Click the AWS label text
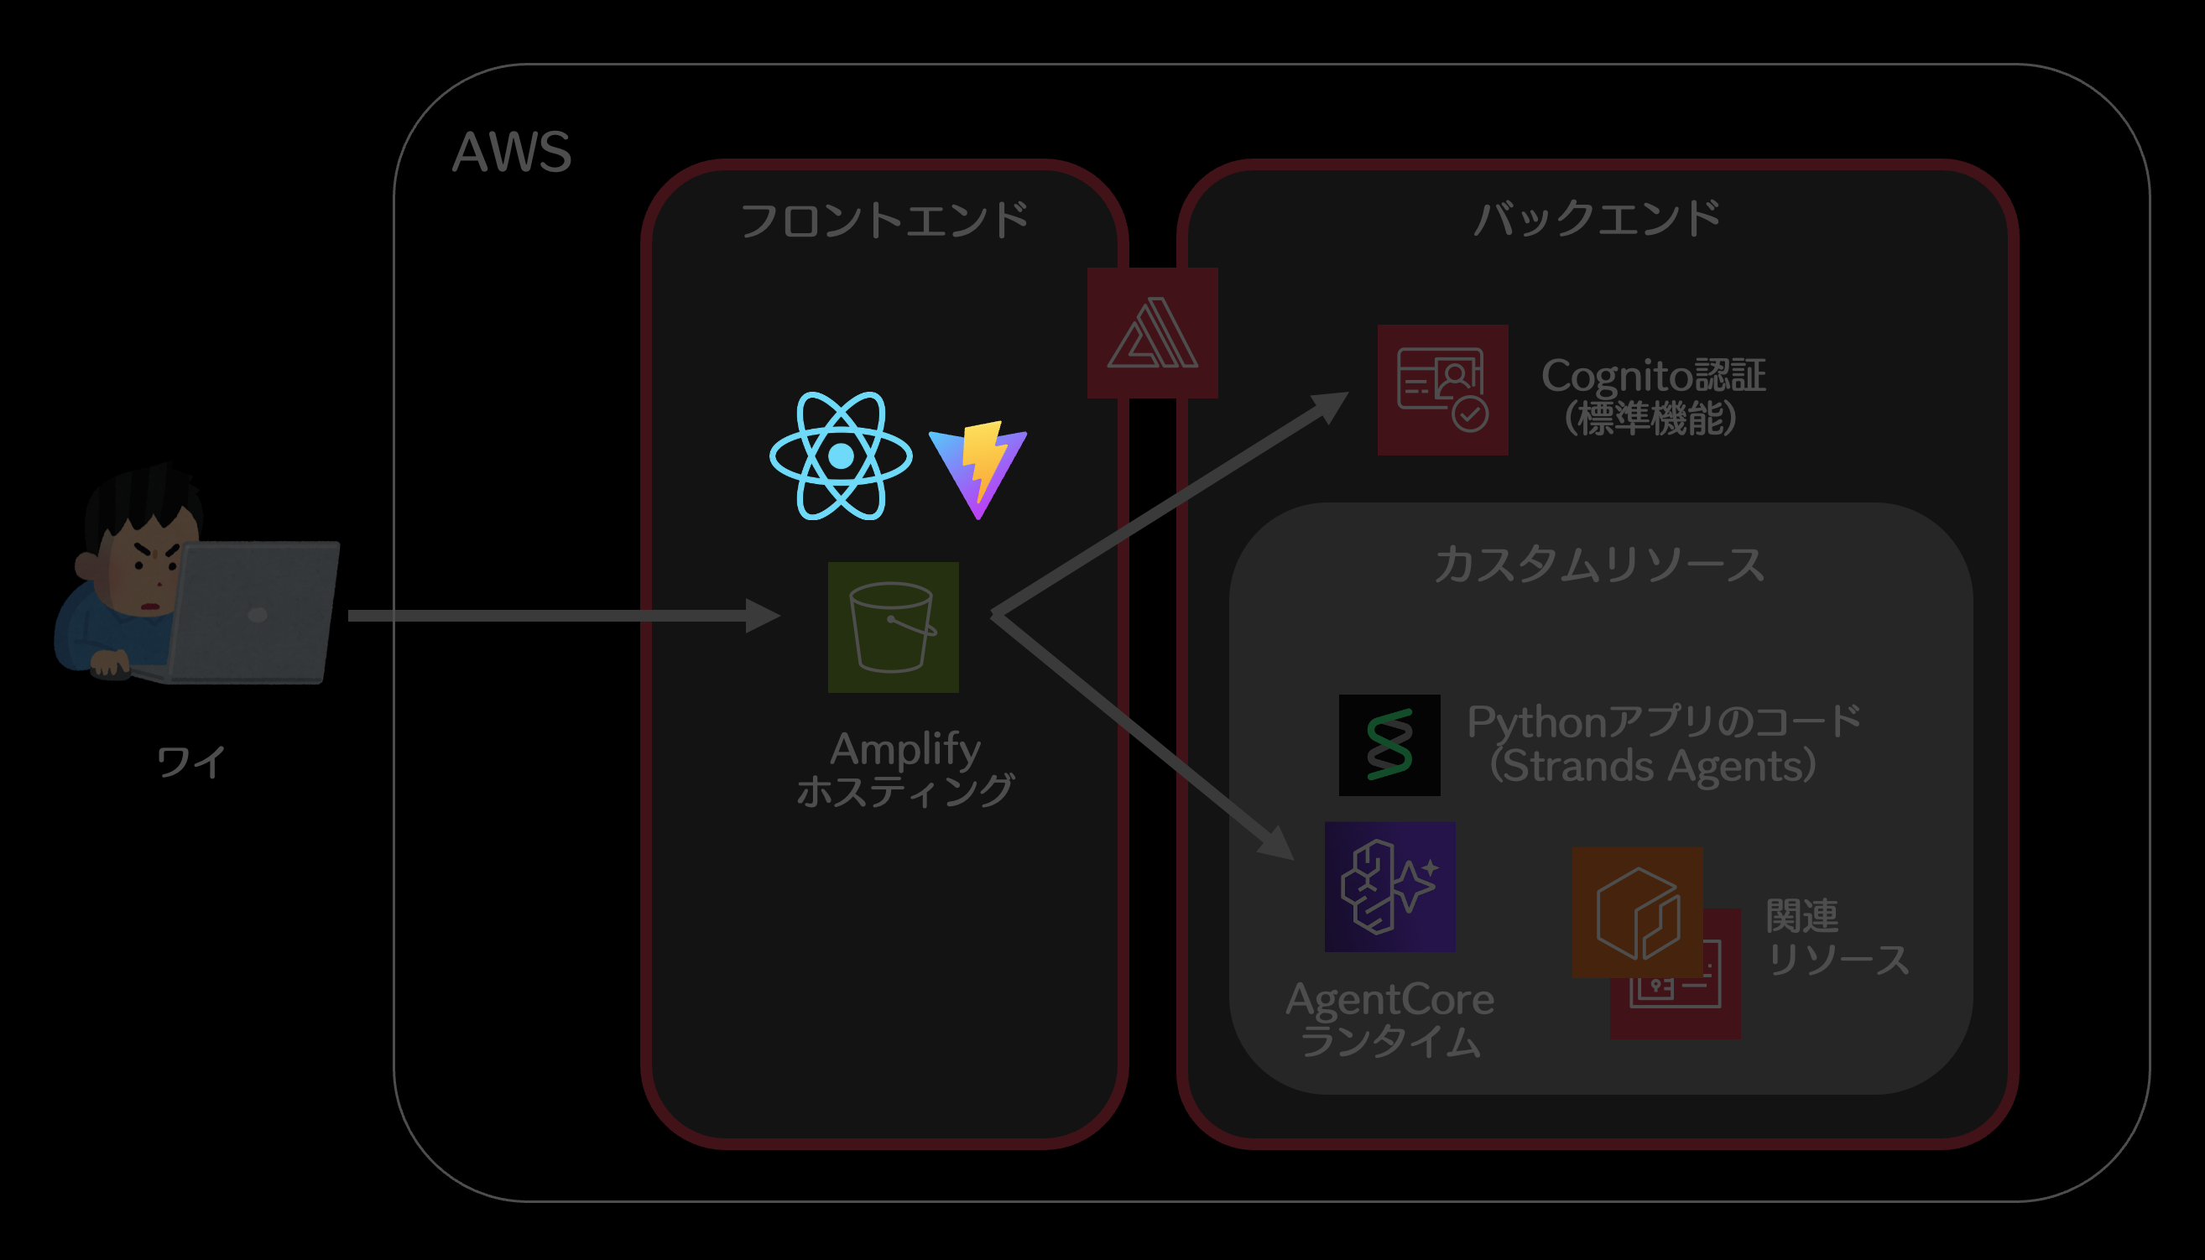coord(512,153)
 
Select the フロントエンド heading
coord(884,220)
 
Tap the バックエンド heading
coord(1597,218)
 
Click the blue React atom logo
coord(840,456)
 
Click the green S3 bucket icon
coord(892,627)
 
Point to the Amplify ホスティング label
coord(904,768)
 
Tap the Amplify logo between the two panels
coord(1152,333)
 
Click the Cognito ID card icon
coord(1441,389)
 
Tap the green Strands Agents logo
coord(1389,745)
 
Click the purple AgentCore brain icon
coord(1389,886)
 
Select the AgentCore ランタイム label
coord(1389,1019)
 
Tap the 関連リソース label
coord(1835,937)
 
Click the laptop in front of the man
coord(253,611)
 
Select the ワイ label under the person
coord(191,763)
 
